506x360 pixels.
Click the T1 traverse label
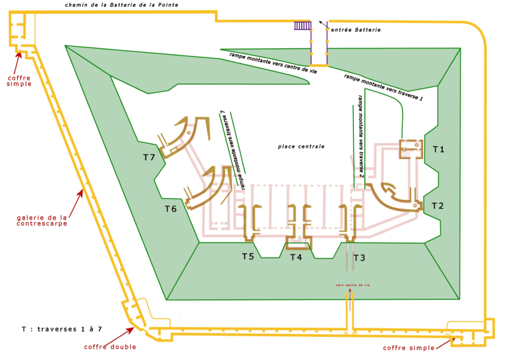click(x=438, y=150)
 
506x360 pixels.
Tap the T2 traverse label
click(x=437, y=206)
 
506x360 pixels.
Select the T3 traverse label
click(x=358, y=257)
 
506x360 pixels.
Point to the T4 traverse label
click(x=296, y=257)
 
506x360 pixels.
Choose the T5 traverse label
click(x=248, y=256)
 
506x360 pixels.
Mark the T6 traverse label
click(x=171, y=209)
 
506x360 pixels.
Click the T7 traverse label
click(x=150, y=158)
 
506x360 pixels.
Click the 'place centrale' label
click(x=301, y=146)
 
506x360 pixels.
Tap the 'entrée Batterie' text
click(x=356, y=30)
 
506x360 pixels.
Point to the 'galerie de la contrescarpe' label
click(x=42, y=220)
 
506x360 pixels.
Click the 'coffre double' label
click(x=110, y=347)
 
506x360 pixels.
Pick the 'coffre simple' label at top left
click(x=19, y=81)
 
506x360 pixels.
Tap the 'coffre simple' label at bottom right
click(x=409, y=347)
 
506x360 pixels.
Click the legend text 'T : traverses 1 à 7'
click(x=61, y=328)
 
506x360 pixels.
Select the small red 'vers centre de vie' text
click(x=352, y=285)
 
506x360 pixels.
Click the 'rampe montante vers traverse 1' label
click(x=383, y=86)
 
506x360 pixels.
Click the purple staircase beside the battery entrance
click(x=302, y=26)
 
